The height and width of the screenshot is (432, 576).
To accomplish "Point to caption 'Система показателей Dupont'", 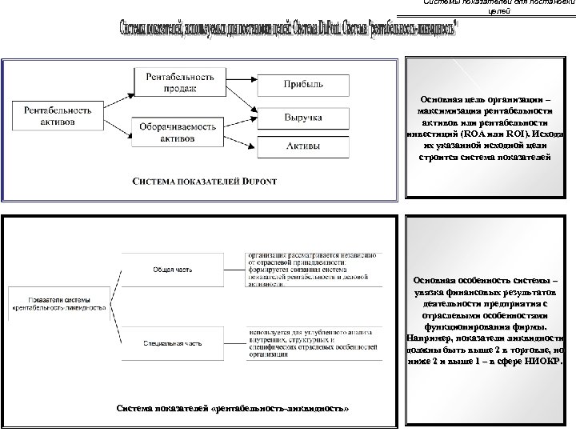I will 204,182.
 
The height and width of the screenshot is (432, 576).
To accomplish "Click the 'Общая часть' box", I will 167,269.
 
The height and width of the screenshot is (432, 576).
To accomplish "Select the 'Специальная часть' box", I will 167,342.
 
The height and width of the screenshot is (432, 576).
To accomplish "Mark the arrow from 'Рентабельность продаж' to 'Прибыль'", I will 244,83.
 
